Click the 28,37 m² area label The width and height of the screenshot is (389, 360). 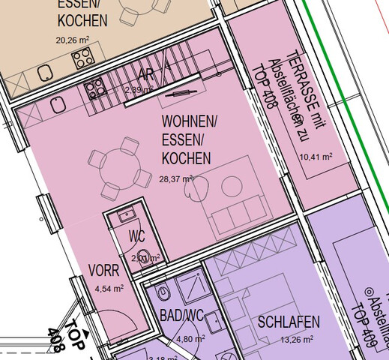(x=176, y=179)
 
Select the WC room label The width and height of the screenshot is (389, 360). (x=136, y=236)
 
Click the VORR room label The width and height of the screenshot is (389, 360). (x=103, y=270)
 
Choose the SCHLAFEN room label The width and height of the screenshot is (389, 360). (x=289, y=322)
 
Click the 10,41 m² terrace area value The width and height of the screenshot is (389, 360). (x=316, y=157)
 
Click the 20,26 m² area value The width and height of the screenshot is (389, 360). (x=73, y=40)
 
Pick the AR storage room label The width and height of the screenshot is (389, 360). (x=146, y=75)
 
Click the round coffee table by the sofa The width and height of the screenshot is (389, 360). (x=230, y=184)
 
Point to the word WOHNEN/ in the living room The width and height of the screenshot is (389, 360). (x=190, y=121)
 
